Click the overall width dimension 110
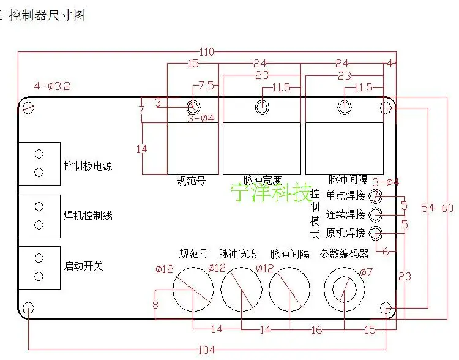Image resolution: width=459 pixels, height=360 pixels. pyautogui.click(x=207, y=53)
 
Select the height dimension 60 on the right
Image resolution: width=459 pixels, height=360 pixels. pyautogui.click(x=447, y=208)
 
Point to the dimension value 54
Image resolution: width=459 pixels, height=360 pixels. pyautogui.click(x=427, y=208)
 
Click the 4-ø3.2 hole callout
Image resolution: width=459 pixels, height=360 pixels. pyautogui.click(x=52, y=87)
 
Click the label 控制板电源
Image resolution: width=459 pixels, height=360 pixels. pyautogui.click(x=88, y=166)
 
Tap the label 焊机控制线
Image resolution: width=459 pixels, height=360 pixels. pyautogui.click(x=88, y=216)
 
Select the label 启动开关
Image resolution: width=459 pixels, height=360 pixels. pyautogui.click(x=84, y=266)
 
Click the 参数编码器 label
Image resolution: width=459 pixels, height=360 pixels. pyautogui.click(x=345, y=253)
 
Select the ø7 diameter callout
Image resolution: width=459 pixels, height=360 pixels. pyautogui.click(x=366, y=272)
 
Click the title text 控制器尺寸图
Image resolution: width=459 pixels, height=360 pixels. pyautogui.click(x=51, y=15)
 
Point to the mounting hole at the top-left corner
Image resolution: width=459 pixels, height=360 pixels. pyautogui.click(x=29, y=108)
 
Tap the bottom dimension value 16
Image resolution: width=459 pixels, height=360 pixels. pyautogui.click(x=316, y=330)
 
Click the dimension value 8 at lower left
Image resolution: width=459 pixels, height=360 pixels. pyautogui.click(x=155, y=305)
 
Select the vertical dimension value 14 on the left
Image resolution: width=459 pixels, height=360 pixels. pyautogui.click(x=142, y=149)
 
